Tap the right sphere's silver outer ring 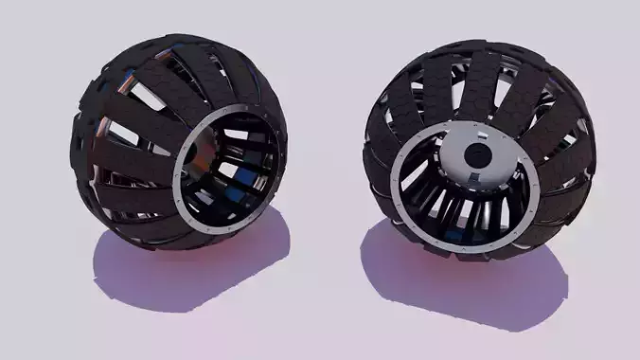399,190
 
